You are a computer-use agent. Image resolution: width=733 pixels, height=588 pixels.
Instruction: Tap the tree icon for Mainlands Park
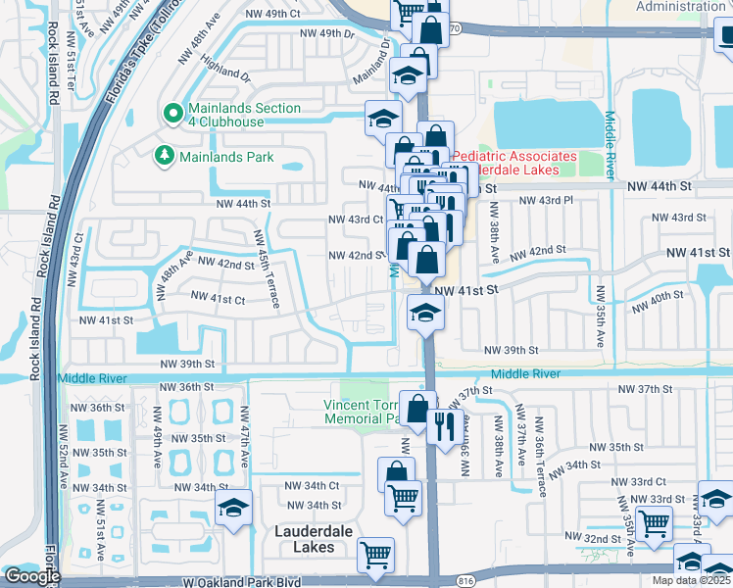tap(164, 155)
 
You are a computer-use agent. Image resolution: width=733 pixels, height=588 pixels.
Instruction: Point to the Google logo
tap(31, 576)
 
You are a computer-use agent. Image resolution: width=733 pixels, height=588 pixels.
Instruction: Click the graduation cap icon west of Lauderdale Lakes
tap(232, 508)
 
